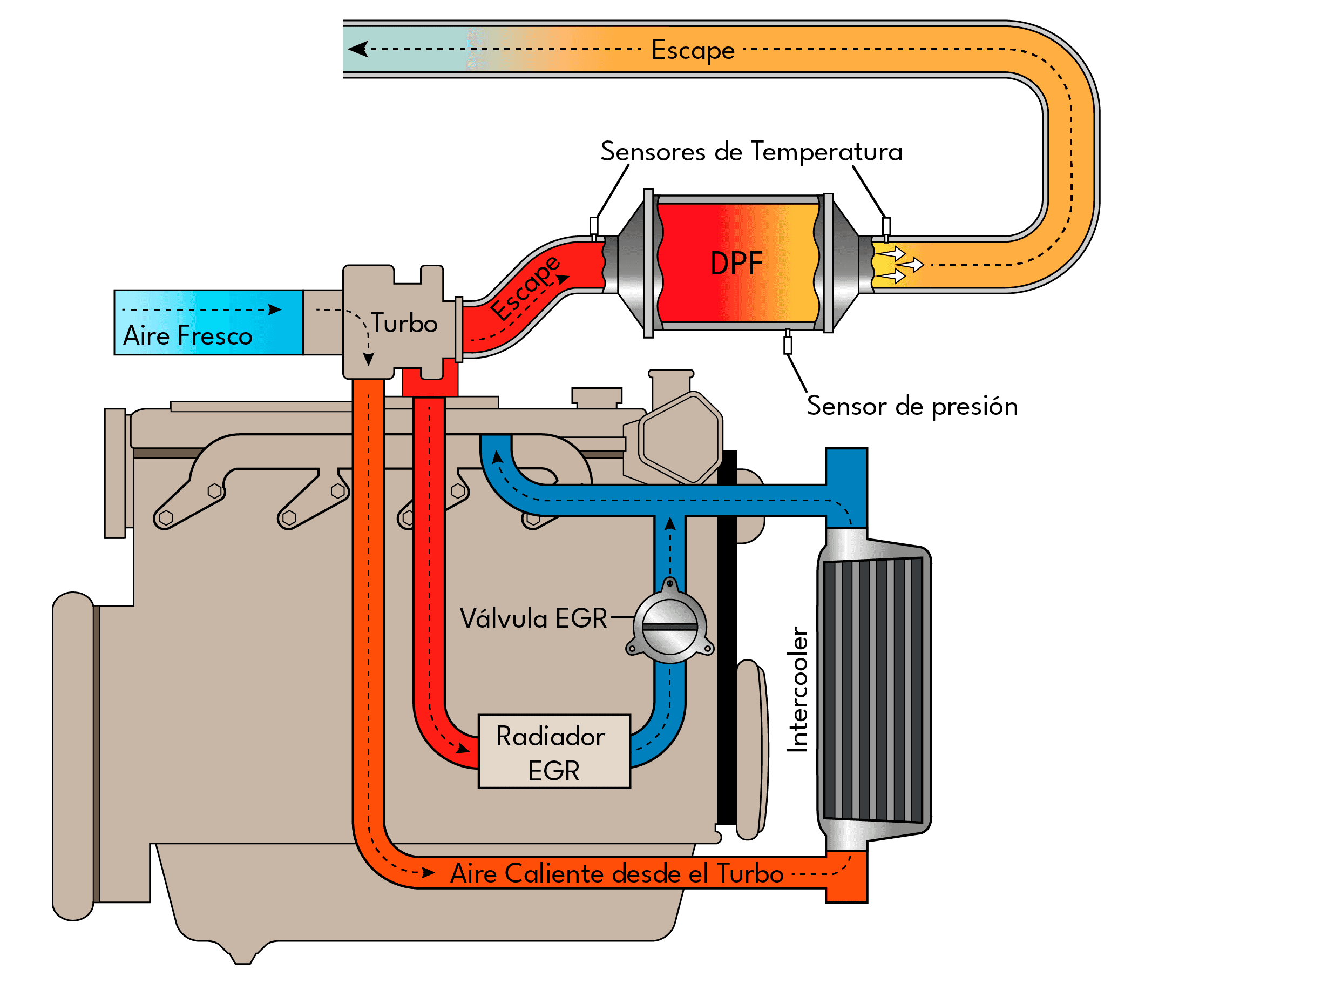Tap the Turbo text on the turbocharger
tap(404, 323)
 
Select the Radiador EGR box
tap(553, 751)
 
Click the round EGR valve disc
tap(669, 628)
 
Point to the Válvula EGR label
tap(533, 618)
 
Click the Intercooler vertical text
tap(798, 690)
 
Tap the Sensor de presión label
tap(912, 407)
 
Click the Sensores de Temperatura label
tap(751, 151)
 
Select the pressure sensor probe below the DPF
tap(788, 345)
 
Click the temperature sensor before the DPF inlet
tap(594, 226)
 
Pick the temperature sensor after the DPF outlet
tap(886, 226)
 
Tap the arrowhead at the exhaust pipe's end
tap(358, 49)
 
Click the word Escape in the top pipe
tap(693, 50)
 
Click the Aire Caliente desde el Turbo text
tap(617, 874)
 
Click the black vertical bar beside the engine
tap(727, 637)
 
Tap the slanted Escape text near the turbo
tap(525, 288)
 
